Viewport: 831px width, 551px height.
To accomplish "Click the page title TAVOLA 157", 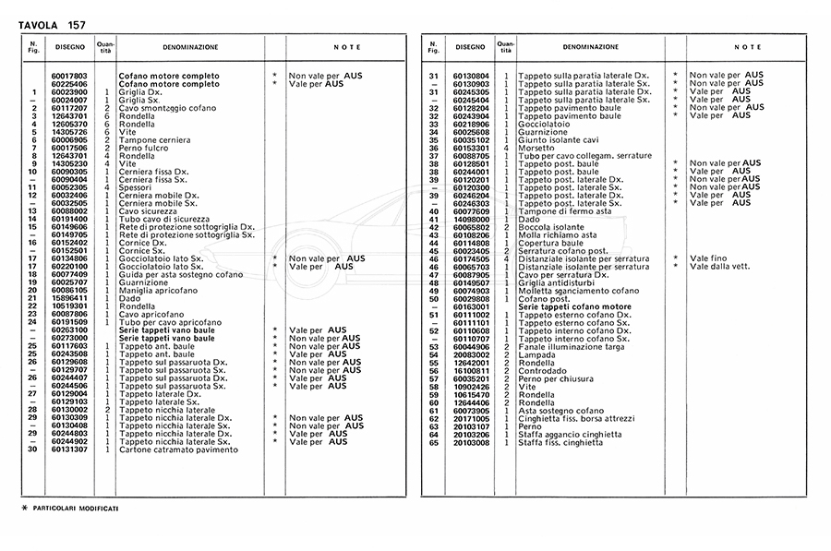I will tap(53, 24).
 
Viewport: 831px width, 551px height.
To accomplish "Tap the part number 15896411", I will tap(69, 298).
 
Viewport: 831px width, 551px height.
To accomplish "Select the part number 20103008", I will tap(471, 442).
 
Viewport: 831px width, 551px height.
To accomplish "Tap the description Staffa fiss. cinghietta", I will tap(562, 442).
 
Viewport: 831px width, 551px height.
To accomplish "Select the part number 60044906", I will tap(471, 347).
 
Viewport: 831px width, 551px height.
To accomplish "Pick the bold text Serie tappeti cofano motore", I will tap(575, 306).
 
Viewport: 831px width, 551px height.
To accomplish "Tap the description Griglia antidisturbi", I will tap(558, 283).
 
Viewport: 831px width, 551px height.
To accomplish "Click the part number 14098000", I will tap(471, 219).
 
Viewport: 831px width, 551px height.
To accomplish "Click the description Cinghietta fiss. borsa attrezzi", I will tap(578, 419).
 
